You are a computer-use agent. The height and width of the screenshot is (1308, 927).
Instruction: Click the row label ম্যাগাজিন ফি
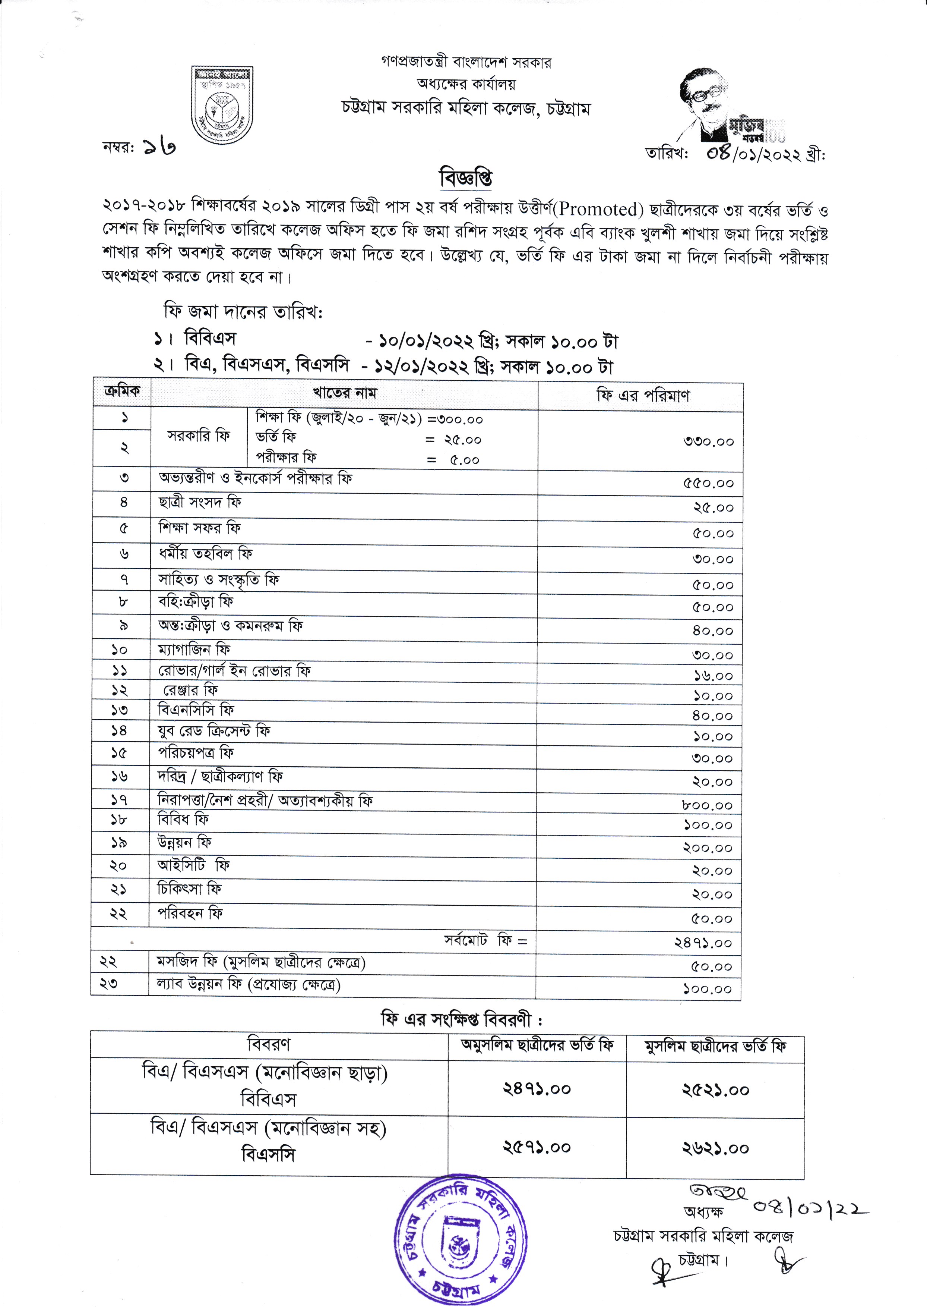pyautogui.click(x=194, y=650)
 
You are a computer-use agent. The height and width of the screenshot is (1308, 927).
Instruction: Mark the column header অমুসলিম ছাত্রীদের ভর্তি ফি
pyautogui.click(x=537, y=1046)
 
